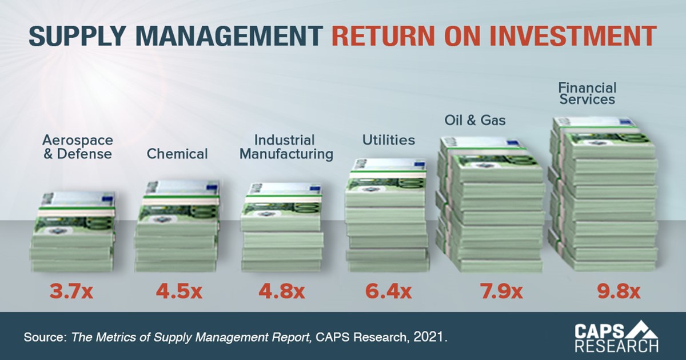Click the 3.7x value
coord(70,291)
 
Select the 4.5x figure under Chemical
coord(178,291)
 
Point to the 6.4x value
coord(388,291)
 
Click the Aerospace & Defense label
coord(77,147)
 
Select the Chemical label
coord(177,154)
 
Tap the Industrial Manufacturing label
coord(286,147)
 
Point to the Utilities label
coord(389,140)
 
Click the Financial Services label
coord(587,94)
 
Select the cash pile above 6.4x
coord(387,214)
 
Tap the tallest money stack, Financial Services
coord(603,194)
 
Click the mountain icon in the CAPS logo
coord(645,330)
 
